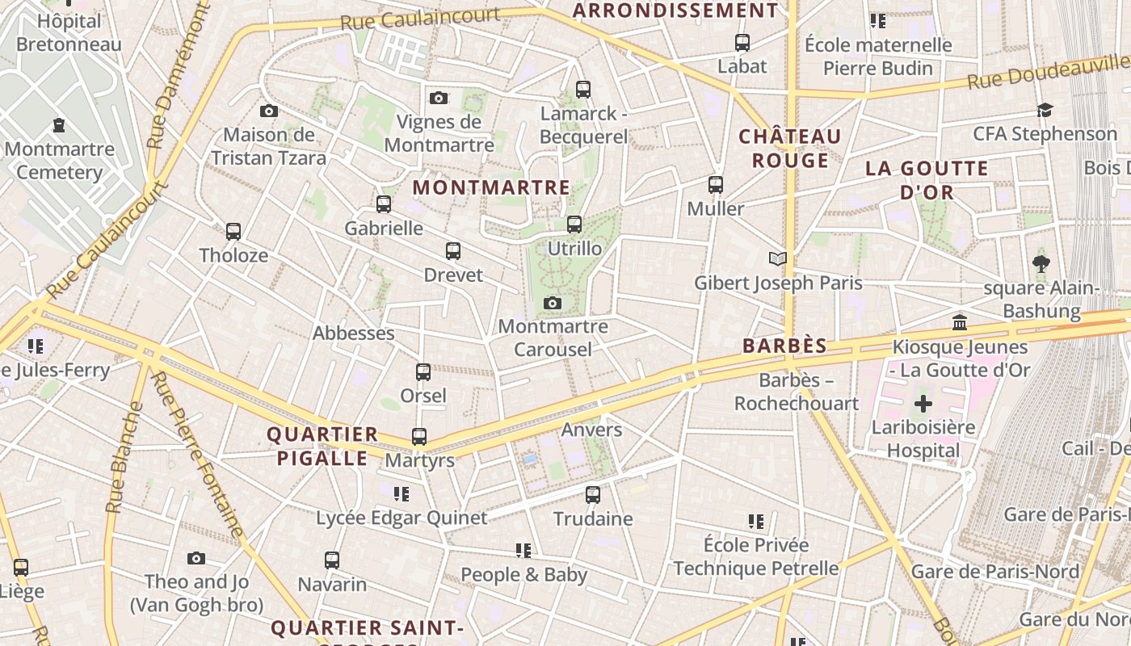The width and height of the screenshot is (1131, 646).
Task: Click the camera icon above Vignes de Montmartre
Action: pos(439,99)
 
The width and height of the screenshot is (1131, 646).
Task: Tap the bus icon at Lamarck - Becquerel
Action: pos(583,90)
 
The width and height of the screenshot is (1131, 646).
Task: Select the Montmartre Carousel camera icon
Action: pos(553,304)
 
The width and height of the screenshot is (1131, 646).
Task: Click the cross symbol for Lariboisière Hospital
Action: pos(923,403)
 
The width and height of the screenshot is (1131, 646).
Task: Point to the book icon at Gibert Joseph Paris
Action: pos(777,258)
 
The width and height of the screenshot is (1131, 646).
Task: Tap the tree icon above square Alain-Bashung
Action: pos(1041,262)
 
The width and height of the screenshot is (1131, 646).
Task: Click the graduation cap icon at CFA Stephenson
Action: pos(1045,110)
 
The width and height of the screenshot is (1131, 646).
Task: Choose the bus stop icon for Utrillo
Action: pos(574,224)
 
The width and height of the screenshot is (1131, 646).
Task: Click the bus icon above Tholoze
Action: pos(233,232)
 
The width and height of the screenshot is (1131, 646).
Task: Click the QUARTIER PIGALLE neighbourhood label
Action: pos(322,447)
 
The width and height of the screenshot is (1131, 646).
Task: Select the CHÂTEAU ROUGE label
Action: pos(790,149)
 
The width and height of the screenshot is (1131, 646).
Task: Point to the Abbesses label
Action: pos(353,333)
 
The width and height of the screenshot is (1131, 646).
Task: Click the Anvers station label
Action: pos(591,430)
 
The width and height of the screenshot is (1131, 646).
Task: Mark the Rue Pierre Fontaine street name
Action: pos(198,455)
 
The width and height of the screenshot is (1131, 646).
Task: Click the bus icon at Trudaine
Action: pos(593,495)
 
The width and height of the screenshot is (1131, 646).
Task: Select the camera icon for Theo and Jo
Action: pos(196,559)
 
